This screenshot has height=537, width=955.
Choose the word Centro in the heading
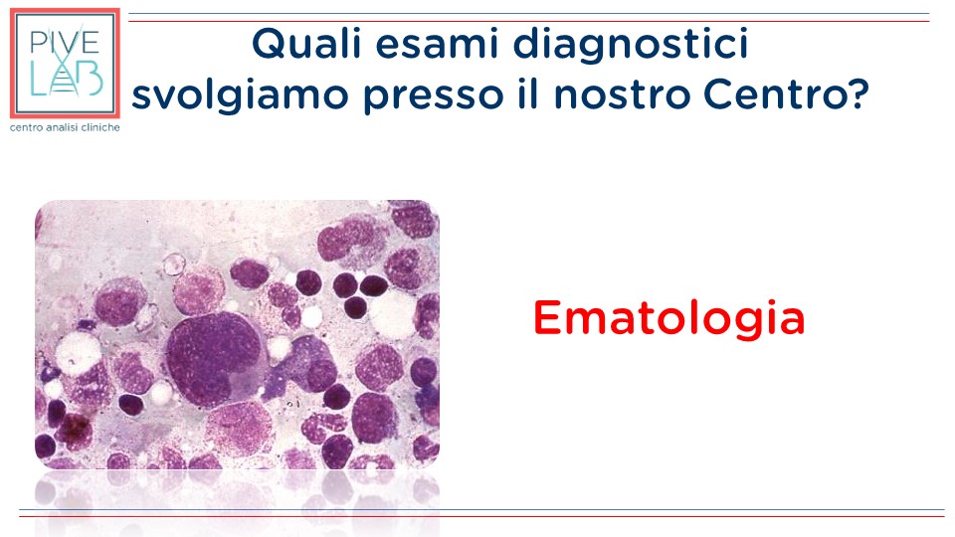774,95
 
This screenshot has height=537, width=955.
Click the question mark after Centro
858,94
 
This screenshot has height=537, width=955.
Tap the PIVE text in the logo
65,42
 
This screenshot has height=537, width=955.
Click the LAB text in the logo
66,79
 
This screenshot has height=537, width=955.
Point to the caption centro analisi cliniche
65,127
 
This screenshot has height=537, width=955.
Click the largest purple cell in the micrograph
215,359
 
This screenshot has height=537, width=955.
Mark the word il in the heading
528,95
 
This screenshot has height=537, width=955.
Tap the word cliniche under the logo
100,127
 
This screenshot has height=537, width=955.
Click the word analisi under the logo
63,127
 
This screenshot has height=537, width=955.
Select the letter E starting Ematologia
547,318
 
